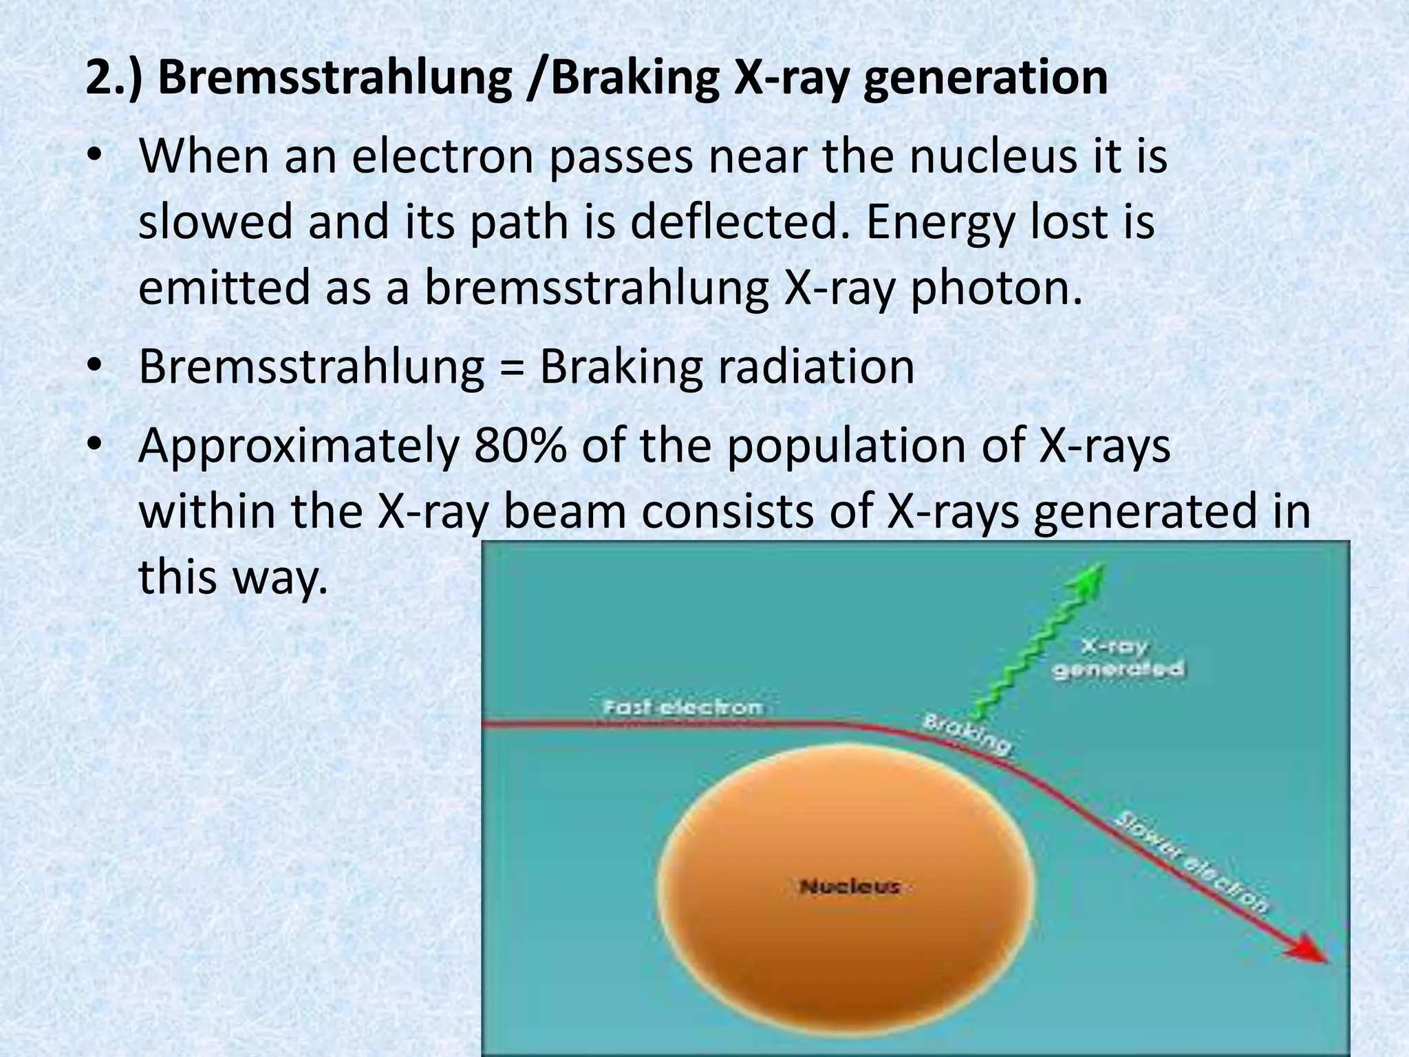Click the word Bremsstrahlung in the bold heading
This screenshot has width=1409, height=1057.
[x=334, y=78]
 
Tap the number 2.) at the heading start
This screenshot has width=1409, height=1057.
[x=114, y=78]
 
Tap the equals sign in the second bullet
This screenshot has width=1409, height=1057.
[x=512, y=367]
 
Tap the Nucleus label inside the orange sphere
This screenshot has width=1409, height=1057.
[x=850, y=886]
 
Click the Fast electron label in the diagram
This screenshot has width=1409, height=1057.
[x=682, y=707]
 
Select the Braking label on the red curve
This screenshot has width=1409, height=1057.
[x=967, y=735]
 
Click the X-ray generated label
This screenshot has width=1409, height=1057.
[x=1118, y=658]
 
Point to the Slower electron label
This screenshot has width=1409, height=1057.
[x=1190, y=863]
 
